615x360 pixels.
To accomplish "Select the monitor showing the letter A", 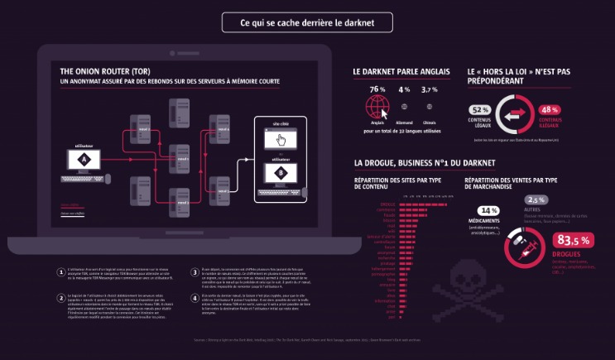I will [83, 159].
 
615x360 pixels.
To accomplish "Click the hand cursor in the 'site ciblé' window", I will [280, 140].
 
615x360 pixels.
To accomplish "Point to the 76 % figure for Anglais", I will [377, 89].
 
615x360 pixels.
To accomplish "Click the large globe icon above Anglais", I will [377, 106].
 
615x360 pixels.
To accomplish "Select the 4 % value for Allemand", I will [404, 89].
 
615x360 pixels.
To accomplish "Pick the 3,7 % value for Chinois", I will [430, 89].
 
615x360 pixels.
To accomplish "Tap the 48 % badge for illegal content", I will [550, 109].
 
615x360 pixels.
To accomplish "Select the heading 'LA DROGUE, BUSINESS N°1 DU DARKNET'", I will [424, 163].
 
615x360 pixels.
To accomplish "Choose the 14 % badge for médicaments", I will [488, 211].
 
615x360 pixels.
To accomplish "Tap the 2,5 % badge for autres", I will [537, 199].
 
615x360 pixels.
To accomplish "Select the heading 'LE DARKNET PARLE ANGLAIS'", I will [401, 72].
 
